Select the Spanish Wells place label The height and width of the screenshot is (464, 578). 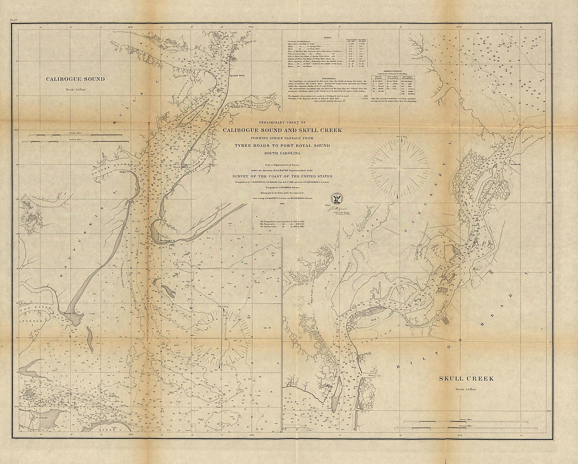[237, 76]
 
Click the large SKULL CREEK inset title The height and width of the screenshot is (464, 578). [466, 379]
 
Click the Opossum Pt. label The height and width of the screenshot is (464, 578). [237, 107]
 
